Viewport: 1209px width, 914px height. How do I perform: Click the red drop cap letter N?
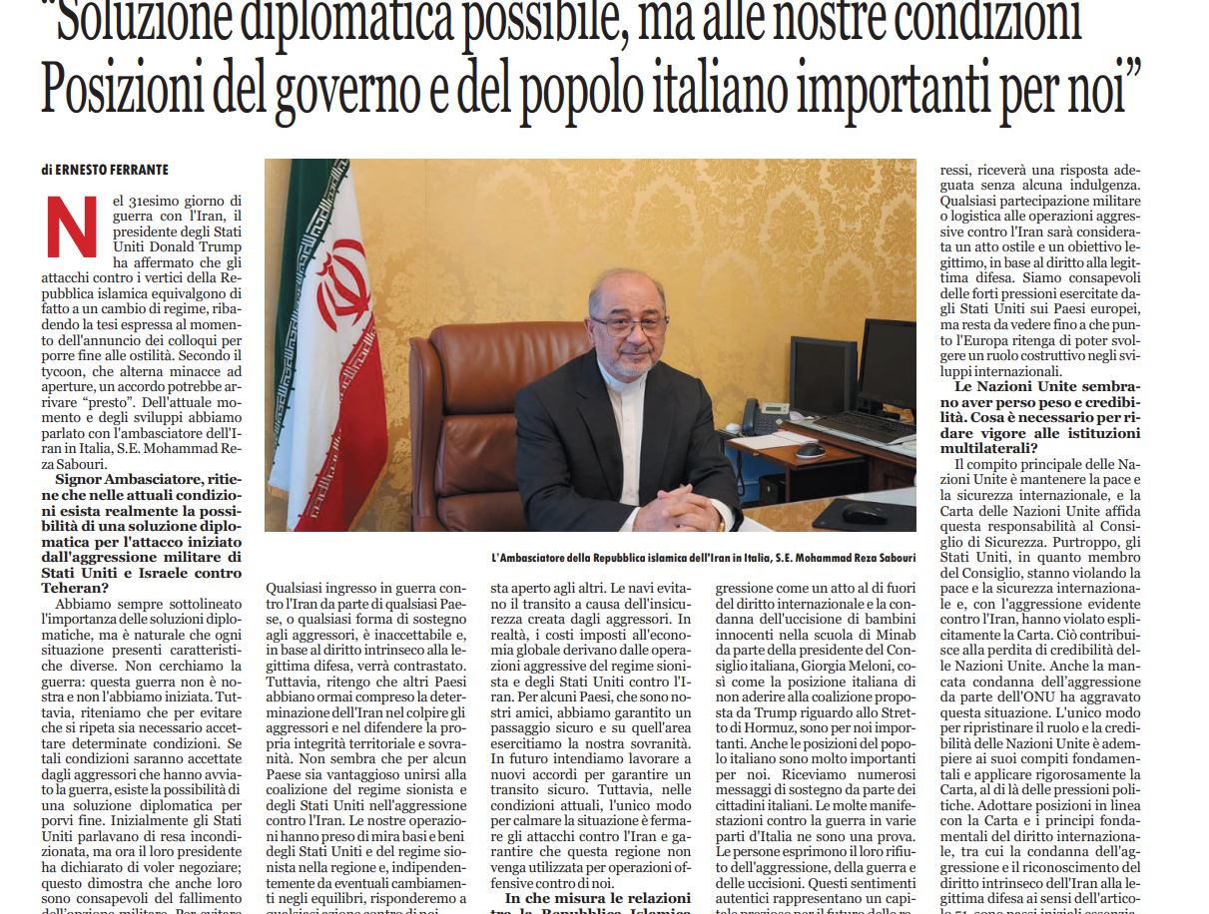click(72, 226)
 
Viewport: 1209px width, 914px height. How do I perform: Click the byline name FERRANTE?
click(141, 170)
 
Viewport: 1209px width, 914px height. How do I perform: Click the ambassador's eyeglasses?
click(627, 325)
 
